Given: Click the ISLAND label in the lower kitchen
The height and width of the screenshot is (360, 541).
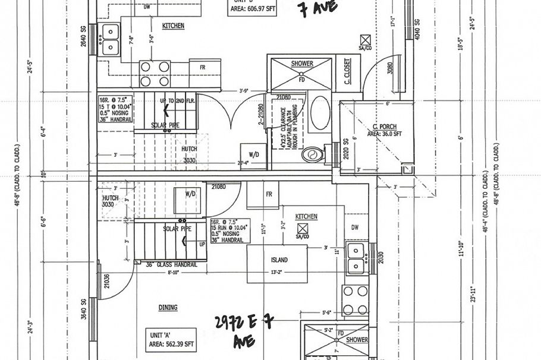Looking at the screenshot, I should pyautogui.click(x=279, y=260).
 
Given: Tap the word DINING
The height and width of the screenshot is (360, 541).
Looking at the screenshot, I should pyautogui.click(x=168, y=308).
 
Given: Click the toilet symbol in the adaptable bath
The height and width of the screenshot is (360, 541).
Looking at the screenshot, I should pyautogui.click(x=310, y=156).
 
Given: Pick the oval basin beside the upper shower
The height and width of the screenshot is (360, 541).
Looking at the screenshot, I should pyautogui.click(x=319, y=113).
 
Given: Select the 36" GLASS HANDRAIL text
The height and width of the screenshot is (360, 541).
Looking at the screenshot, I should pyautogui.click(x=172, y=265).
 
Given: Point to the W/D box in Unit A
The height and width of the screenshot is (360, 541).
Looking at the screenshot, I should pyautogui.click(x=190, y=194).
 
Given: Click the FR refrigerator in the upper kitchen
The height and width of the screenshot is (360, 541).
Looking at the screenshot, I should pyautogui.click(x=203, y=67).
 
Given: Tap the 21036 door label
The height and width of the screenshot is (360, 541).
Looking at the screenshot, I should pyautogui.click(x=106, y=280).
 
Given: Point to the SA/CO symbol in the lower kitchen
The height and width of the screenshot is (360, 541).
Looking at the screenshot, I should pyautogui.click(x=302, y=232).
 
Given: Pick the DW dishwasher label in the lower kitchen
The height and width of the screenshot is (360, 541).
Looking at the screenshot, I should pyautogui.click(x=354, y=228).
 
